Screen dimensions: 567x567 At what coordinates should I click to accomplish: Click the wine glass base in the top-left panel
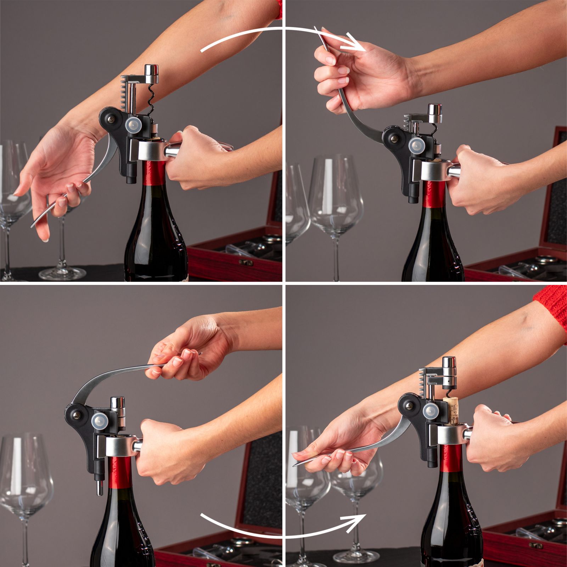(x=62, y=273)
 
